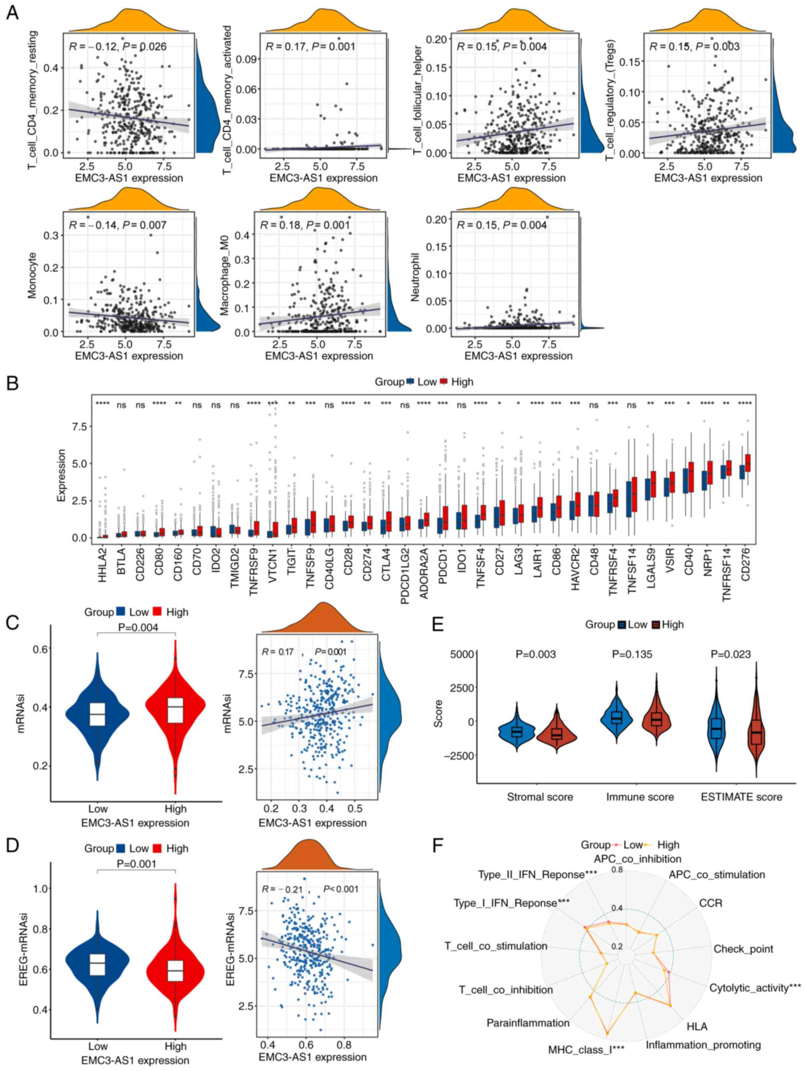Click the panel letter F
coord(438,846)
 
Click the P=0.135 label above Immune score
coord(632,654)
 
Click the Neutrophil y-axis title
coord(415,276)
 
